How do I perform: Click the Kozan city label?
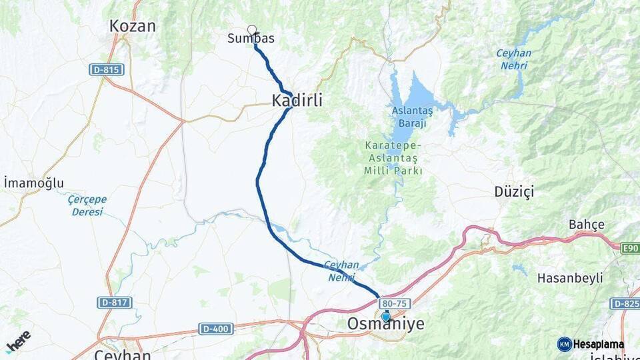(133, 27)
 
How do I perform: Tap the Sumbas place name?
(251, 39)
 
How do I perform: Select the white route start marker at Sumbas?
(252, 29)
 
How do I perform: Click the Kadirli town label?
(297, 101)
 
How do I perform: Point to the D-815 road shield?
(107, 69)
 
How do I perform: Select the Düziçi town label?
(514, 192)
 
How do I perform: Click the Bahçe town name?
(587, 224)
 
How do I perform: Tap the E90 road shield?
(629, 248)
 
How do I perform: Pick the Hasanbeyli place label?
(570, 277)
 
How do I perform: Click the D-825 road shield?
(625, 304)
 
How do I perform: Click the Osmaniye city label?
(385, 324)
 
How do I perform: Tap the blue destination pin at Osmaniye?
(385, 316)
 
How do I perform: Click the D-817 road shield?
(114, 303)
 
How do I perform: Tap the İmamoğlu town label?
(33, 183)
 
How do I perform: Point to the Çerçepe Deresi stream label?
(87, 205)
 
